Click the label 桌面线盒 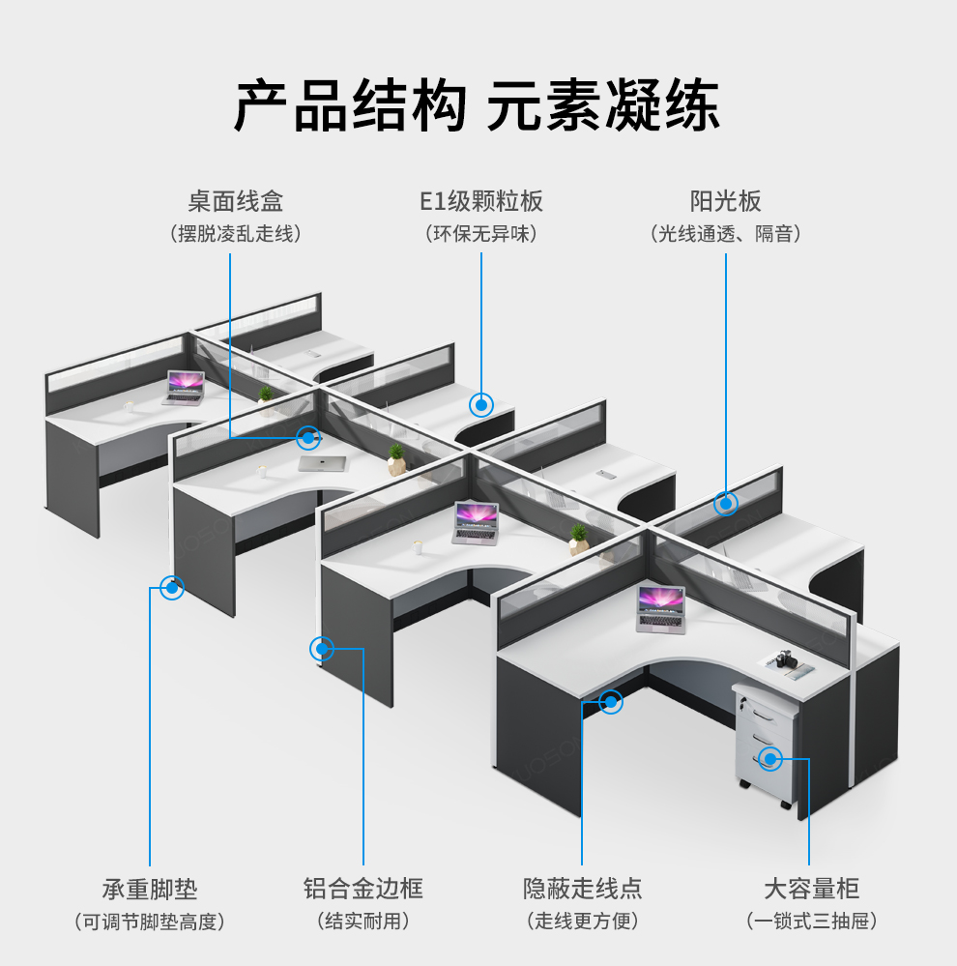pyautogui.click(x=235, y=201)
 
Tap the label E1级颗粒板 pyautogui.click(x=480, y=201)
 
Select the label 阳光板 pyautogui.click(x=725, y=201)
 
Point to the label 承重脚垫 pyautogui.click(x=150, y=889)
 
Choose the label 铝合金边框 pyautogui.click(x=363, y=889)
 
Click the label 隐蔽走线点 pyautogui.click(x=582, y=889)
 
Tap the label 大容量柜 pyautogui.click(x=811, y=889)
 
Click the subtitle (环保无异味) pyautogui.click(x=480, y=234)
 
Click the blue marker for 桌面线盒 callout pyautogui.click(x=308, y=438)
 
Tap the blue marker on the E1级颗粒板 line pyautogui.click(x=481, y=404)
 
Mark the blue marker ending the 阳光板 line pyautogui.click(x=726, y=503)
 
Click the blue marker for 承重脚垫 pyautogui.click(x=172, y=586)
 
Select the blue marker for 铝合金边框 pyautogui.click(x=322, y=648)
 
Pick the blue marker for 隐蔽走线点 pyautogui.click(x=611, y=702)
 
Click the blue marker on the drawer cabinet pyautogui.click(x=769, y=758)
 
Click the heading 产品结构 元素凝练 pyautogui.click(x=478, y=103)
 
